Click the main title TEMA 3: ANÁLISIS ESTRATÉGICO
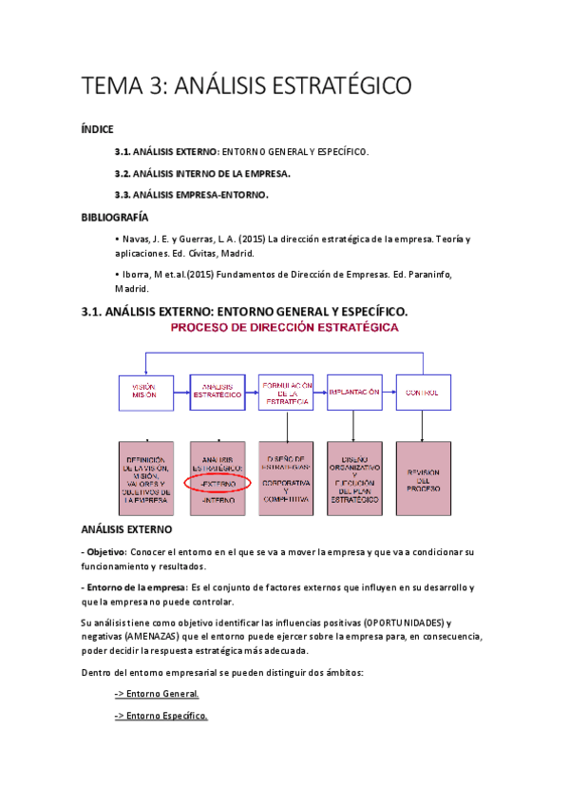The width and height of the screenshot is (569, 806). tap(247, 86)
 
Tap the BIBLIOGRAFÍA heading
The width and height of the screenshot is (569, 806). tap(115, 218)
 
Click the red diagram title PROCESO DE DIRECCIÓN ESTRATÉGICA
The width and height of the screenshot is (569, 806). tap(284, 328)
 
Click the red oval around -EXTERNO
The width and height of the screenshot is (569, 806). tap(218, 484)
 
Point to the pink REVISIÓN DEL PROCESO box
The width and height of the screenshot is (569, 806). tap(422, 478)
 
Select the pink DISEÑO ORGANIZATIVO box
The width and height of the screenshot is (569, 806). tap(353, 478)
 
